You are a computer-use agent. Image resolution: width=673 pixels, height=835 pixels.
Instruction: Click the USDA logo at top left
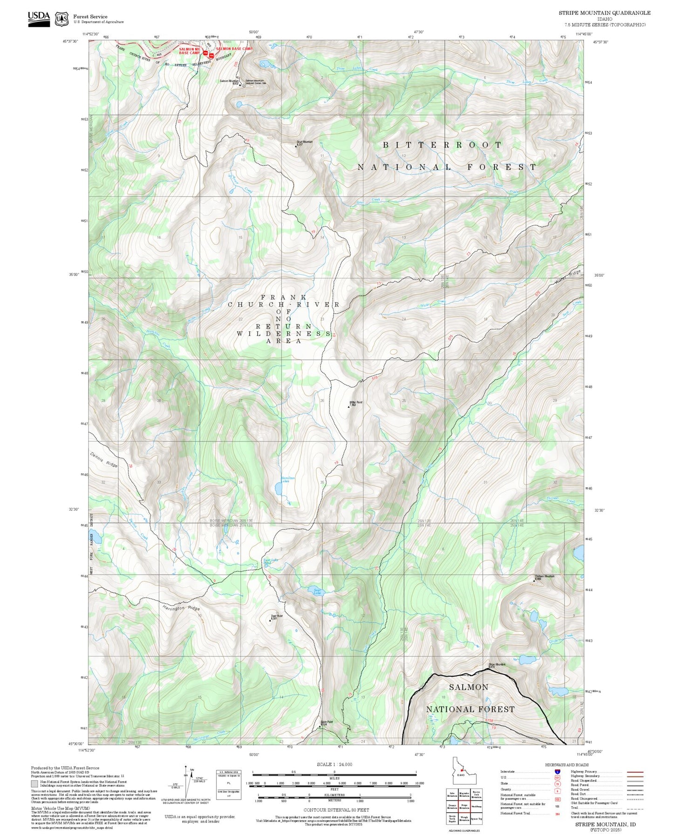39,19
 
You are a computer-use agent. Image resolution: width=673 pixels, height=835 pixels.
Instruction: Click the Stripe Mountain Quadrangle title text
605,13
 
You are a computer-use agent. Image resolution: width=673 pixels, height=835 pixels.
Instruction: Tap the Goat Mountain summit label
304,142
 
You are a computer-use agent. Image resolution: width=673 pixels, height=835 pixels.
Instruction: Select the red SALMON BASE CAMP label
234,49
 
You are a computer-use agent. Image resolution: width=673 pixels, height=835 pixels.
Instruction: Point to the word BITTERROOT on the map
442,145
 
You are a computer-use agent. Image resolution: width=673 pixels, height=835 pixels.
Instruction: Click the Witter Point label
356,403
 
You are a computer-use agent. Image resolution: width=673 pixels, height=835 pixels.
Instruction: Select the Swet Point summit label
277,617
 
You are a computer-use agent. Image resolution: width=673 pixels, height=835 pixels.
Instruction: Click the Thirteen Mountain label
544,577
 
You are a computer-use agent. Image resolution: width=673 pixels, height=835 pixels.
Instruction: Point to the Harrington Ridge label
181,608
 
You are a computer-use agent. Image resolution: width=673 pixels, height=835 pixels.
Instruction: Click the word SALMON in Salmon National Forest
469,687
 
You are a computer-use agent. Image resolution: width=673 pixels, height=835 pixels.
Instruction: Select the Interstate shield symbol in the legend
557,771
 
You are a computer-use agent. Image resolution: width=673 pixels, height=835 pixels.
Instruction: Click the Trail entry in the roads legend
575,808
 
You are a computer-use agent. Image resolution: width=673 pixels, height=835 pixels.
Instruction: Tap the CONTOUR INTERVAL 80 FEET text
336,810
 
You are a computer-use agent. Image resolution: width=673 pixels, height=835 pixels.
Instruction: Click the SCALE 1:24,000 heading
334,764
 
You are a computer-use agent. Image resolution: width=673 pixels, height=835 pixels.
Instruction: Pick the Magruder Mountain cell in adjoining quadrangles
464,795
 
